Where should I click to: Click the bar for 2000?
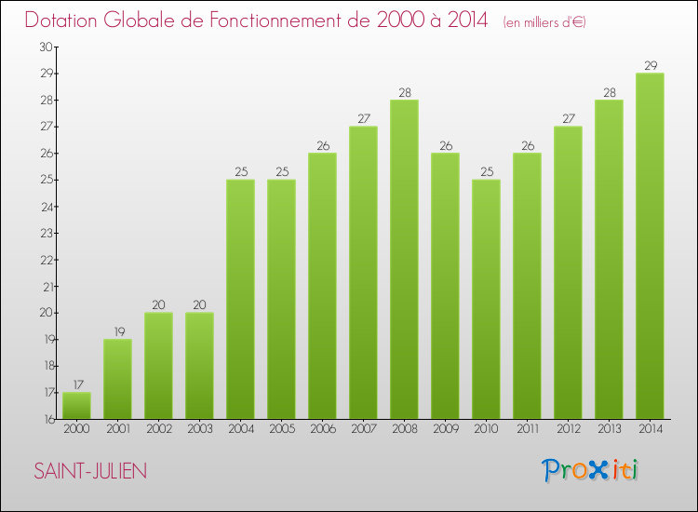tap(76, 406)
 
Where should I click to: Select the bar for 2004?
tap(240, 299)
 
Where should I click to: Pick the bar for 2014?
tap(650, 246)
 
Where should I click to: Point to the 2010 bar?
tap(486, 299)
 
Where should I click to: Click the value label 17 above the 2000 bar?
tap(76, 384)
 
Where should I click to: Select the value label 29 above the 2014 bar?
tap(650, 65)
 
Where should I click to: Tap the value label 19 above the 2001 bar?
tap(117, 331)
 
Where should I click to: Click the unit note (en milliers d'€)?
tap(544, 22)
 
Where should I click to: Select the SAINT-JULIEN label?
tap(90, 471)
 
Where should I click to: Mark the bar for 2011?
tap(527, 286)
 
